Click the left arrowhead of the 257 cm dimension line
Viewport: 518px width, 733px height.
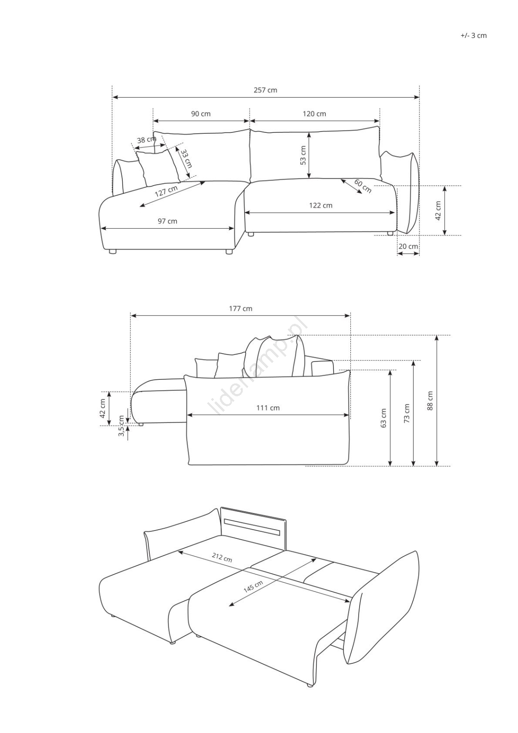pos(113,97)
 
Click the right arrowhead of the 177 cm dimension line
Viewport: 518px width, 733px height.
pos(350,316)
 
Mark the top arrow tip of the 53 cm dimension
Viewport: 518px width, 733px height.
pos(309,132)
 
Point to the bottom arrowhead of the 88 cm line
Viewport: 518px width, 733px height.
pos(436,465)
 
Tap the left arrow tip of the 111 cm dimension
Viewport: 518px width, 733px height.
pos(187,415)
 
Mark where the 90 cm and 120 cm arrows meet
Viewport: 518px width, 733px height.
pos(250,121)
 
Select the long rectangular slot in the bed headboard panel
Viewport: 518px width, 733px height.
pos(252,524)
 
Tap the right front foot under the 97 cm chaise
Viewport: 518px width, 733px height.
pos(229,252)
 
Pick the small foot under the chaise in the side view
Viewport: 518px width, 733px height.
pos(141,424)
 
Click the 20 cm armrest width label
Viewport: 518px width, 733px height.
pos(408,246)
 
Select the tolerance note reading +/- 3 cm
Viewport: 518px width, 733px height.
pos(474,36)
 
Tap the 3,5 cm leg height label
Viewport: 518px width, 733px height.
pos(121,426)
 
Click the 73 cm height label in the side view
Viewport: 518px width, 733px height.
pos(407,414)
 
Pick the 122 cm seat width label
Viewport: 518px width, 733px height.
pos(321,206)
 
